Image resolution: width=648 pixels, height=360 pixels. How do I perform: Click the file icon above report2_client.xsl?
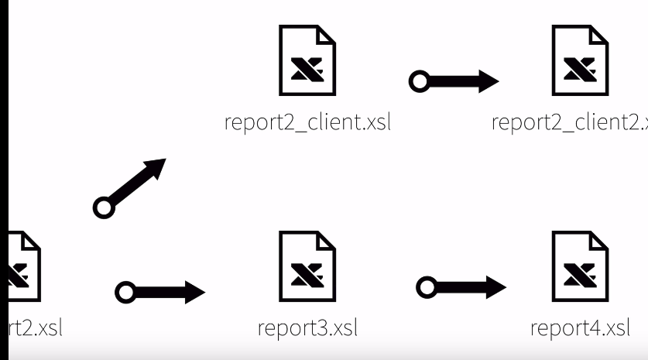click(307, 60)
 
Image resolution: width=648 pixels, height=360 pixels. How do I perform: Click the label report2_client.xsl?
click(307, 123)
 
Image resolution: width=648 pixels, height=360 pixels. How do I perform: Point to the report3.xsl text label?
click(307, 328)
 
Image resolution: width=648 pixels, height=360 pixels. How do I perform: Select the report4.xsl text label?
click(581, 328)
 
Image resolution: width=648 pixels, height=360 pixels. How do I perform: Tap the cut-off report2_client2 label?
click(570, 123)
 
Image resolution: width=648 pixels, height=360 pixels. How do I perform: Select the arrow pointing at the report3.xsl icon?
click(159, 292)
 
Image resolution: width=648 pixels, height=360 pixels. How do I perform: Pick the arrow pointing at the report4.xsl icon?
click(461, 288)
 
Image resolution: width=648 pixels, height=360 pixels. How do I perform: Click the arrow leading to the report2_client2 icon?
click(454, 80)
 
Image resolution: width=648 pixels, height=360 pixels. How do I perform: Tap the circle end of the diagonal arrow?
click(101, 207)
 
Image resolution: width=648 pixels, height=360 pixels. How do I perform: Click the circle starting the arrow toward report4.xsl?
click(426, 288)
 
